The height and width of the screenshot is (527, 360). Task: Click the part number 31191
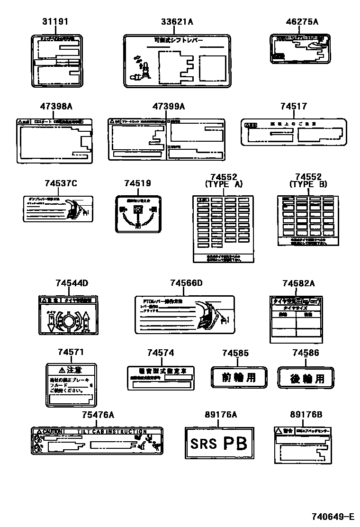pyautogui.click(x=55, y=22)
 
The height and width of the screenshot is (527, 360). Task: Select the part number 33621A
pyautogui.click(x=177, y=22)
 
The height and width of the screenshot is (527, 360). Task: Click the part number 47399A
pyautogui.click(x=168, y=107)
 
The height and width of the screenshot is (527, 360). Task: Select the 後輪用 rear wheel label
pyautogui.click(x=306, y=378)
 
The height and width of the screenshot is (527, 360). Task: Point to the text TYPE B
pyautogui.click(x=308, y=184)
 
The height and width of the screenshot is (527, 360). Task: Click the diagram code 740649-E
pyautogui.click(x=333, y=516)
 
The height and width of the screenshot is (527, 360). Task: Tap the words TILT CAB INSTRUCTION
pyautogui.click(x=112, y=431)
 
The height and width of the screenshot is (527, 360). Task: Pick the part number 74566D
pyautogui.click(x=186, y=283)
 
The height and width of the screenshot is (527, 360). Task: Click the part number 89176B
pyautogui.click(x=306, y=415)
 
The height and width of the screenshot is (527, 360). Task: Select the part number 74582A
pyautogui.click(x=298, y=283)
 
